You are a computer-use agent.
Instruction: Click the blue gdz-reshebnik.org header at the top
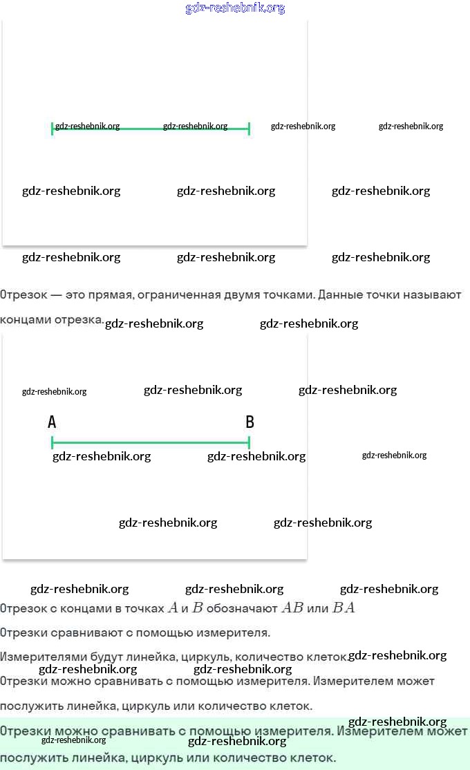click(x=235, y=8)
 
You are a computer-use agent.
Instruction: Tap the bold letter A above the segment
click(x=52, y=422)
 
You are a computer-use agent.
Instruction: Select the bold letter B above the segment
click(x=250, y=422)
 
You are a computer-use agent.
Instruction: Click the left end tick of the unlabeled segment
click(x=53, y=129)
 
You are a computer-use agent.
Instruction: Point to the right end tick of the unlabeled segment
click(x=249, y=129)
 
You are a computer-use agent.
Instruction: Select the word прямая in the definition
click(x=111, y=295)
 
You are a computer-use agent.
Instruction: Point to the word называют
click(x=433, y=295)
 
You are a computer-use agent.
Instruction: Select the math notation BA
click(x=344, y=608)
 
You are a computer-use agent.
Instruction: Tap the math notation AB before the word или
click(x=292, y=608)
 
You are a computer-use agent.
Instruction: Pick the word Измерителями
click(x=39, y=657)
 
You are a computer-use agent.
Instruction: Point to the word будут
click(x=100, y=657)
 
